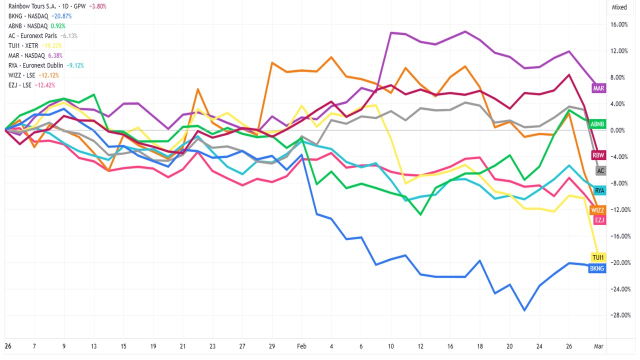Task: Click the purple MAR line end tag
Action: (598, 88)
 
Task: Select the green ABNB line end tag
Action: (597, 123)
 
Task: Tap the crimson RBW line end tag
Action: (598, 155)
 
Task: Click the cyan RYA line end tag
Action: (599, 190)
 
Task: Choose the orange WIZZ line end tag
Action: (597, 210)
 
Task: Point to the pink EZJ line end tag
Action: (599, 220)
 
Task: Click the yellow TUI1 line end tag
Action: (598, 257)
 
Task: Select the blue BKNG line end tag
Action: (597, 268)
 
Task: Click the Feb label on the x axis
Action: (301, 346)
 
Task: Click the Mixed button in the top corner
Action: (619, 7)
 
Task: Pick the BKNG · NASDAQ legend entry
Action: (28, 16)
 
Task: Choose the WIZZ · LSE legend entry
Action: (23, 75)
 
